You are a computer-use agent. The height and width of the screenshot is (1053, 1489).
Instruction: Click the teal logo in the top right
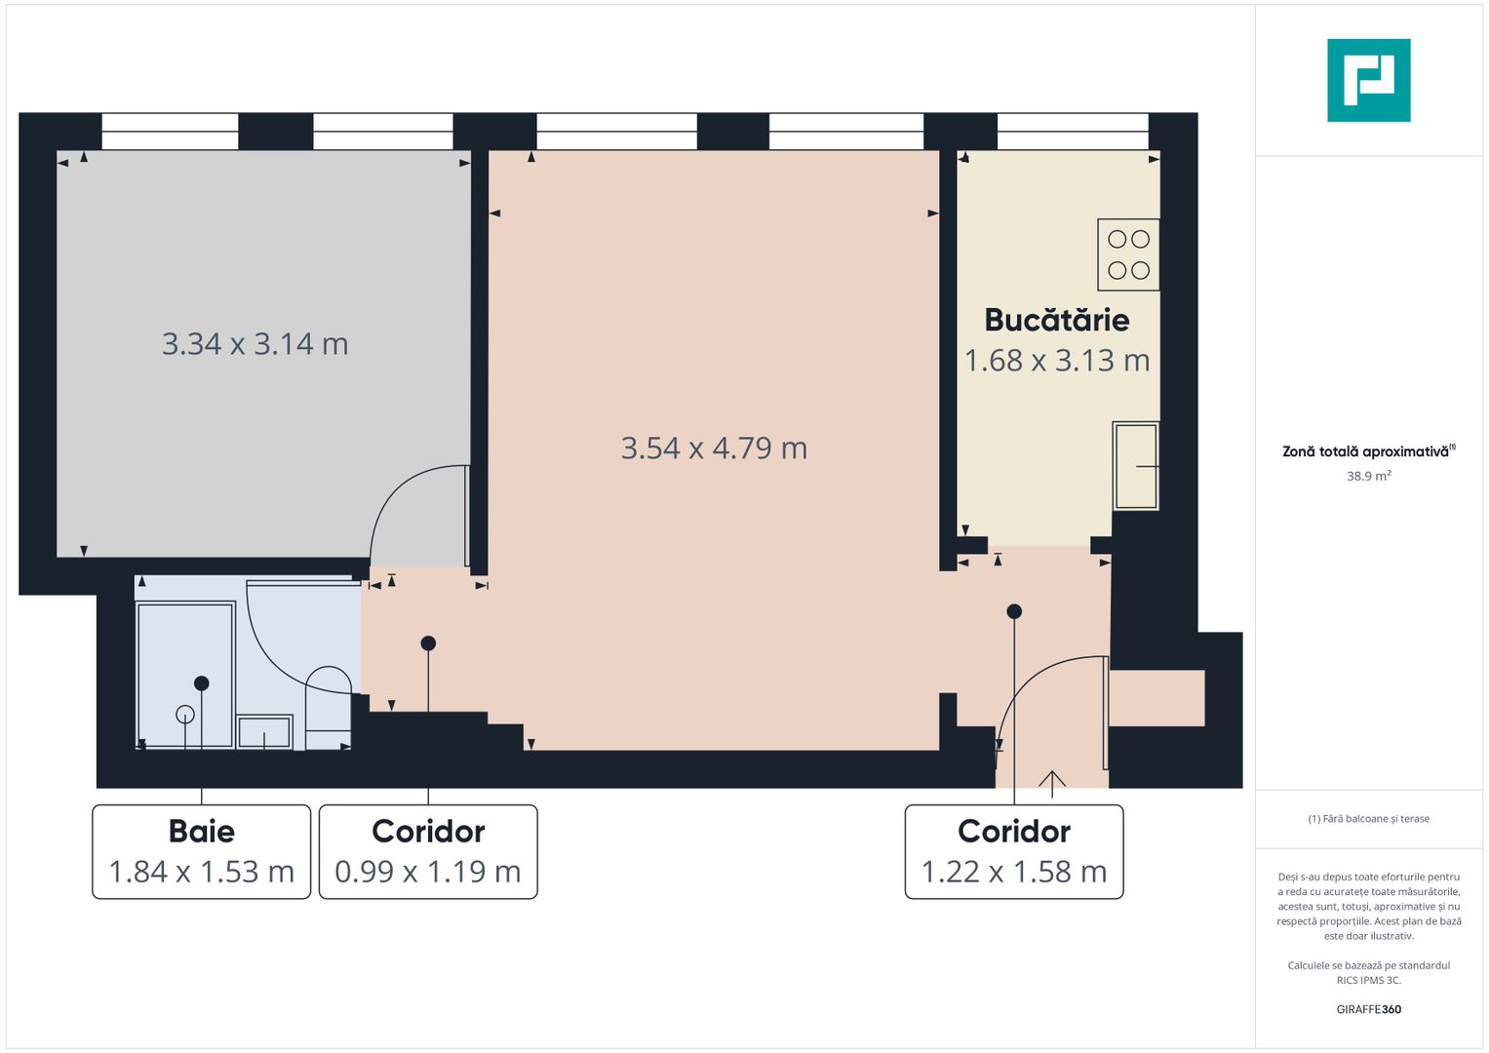[1368, 80]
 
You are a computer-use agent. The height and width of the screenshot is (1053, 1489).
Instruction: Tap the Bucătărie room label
[1057, 320]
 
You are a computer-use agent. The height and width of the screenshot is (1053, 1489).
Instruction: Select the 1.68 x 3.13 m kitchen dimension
[1057, 361]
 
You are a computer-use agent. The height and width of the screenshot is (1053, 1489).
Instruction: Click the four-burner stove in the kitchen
[1128, 254]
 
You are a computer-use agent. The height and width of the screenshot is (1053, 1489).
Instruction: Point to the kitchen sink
[1136, 466]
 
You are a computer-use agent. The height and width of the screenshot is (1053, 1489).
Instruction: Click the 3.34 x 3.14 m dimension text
[255, 344]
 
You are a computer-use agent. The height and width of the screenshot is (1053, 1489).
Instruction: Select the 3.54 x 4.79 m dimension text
[714, 448]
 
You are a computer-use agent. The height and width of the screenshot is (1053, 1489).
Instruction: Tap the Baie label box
[202, 851]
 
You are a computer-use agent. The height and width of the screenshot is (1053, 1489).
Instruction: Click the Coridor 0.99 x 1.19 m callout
[428, 851]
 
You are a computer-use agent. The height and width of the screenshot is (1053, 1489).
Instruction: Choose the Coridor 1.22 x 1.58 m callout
[1014, 851]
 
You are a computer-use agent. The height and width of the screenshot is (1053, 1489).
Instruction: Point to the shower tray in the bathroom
[185, 675]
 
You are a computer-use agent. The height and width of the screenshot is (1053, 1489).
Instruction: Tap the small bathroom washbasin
[264, 732]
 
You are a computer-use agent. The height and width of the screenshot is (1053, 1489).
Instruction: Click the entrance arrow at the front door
[1051, 780]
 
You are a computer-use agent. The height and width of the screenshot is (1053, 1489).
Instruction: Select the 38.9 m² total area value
[1368, 477]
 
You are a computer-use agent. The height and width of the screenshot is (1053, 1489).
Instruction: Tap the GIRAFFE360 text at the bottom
[1368, 1009]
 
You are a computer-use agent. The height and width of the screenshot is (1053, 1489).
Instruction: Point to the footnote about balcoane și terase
[1368, 819]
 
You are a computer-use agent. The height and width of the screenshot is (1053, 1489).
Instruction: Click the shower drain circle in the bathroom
[184, 715]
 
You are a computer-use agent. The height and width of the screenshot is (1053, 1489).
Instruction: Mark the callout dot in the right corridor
[1014, 611]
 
